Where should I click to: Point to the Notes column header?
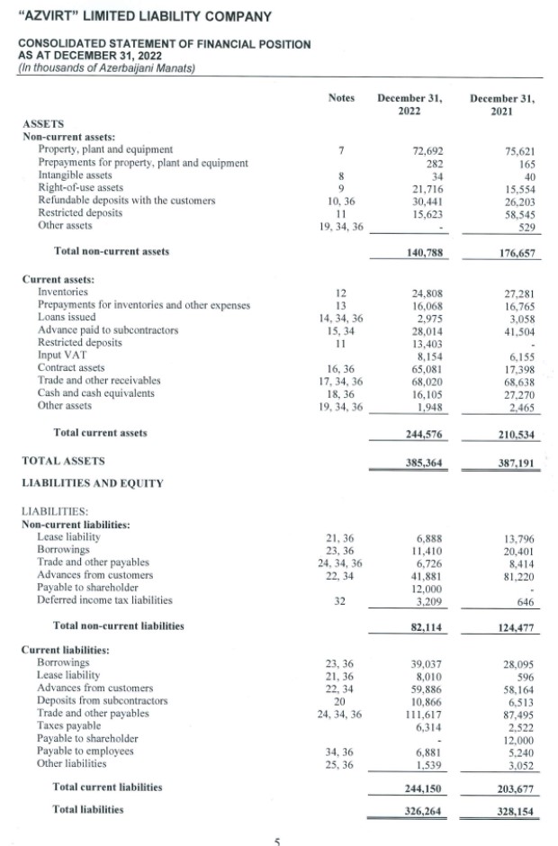[341, 98]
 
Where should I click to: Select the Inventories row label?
[63, 292]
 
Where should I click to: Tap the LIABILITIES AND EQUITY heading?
[92, 483]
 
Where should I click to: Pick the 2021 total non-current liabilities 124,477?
[517, 625]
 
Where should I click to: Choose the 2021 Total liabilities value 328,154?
[517, 810]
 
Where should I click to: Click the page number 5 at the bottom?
[278, 841]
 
